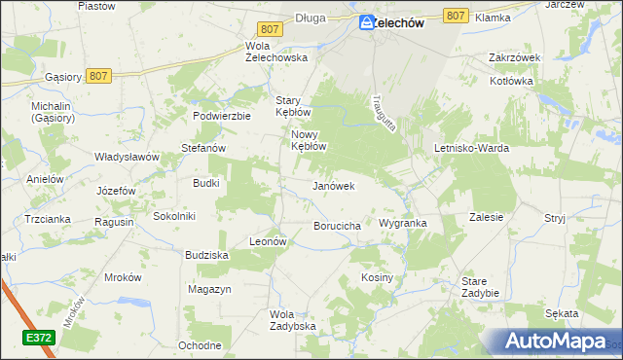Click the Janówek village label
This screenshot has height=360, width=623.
(332, 185)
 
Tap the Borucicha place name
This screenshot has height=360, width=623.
(338, 226)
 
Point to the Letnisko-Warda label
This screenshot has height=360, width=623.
(471, 148)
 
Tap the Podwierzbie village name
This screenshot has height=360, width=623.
(222, 115)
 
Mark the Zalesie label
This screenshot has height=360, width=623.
(486, 217)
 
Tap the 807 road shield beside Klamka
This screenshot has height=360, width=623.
(455, 16)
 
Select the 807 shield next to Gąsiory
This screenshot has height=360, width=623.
(97, 74)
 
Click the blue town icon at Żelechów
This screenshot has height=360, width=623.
(367, 23)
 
